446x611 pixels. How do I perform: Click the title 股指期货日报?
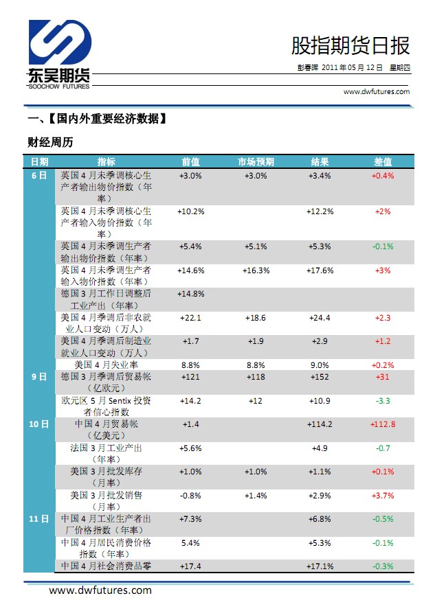pos(350,45)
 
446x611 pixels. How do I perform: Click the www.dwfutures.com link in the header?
pos(376,91)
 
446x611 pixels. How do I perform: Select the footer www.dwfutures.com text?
pos(100,590)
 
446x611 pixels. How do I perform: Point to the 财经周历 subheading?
pos(50,143)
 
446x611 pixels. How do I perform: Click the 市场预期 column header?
pos(256,162)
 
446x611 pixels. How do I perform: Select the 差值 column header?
pos(383,162)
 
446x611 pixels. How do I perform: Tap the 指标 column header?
pos(107,162)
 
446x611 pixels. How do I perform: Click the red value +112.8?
pos(383,424)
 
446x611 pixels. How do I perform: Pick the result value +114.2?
pos(320,424)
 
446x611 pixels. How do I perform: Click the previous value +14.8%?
pos(191,294)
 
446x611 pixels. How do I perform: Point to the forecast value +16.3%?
pos(256,270)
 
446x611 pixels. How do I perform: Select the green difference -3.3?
pos(383,400)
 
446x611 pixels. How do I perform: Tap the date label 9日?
pos(38,377)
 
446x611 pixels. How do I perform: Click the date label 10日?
pos(38,424)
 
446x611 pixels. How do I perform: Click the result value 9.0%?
pos(320,365)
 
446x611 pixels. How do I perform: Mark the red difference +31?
pos(383,377)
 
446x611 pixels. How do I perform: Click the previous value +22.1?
pos(191,318)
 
